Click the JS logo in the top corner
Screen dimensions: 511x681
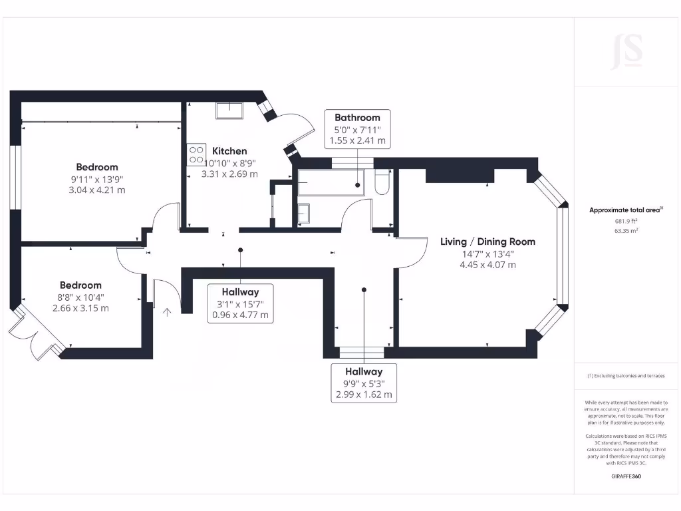tap(626, 51)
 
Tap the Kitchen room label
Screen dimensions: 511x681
tap(229, 151)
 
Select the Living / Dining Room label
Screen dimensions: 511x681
tap(487, 242)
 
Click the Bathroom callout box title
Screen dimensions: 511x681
tap(357, 118)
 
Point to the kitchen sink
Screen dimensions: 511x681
tap(229, 110)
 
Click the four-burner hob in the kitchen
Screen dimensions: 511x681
tap(196, 155)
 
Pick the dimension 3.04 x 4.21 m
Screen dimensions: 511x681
tap(97, 190)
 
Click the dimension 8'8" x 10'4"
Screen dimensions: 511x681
tap(80, 297)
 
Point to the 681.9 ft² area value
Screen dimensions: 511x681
tap(626, 222)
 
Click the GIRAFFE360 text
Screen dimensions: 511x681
tap(626, 476)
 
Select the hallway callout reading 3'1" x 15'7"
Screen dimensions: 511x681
tap(240, 303)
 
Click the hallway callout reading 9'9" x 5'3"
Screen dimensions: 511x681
tap(364, 383)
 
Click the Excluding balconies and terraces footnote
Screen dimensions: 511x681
tap(626, 376)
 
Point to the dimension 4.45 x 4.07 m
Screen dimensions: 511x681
tap(487, 264)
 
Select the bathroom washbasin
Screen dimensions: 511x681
tap(304, 214)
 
